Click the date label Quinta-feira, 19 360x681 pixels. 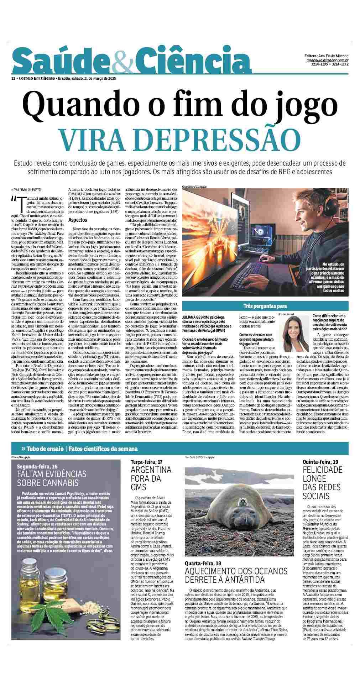320,462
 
